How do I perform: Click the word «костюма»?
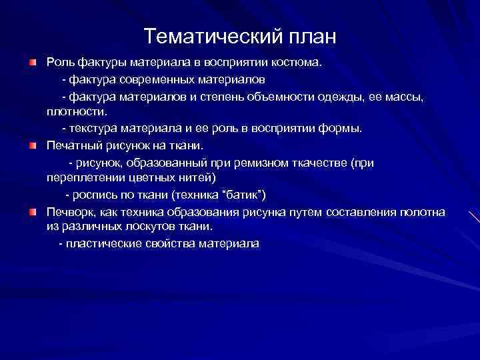(299, 63)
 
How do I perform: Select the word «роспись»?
(97, 195)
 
